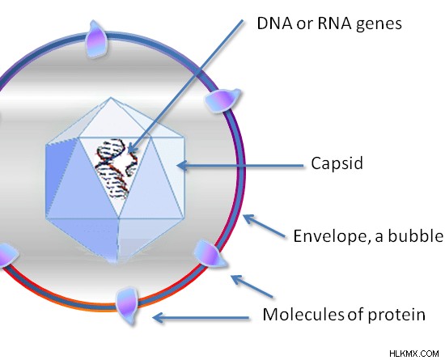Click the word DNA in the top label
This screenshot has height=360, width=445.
tap(274, 23)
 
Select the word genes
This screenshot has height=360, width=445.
tap(379, 25)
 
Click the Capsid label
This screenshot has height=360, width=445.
tap(337, 163)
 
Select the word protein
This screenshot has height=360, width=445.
tap(396, 316)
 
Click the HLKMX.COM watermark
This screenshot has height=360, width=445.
tap(413, 354)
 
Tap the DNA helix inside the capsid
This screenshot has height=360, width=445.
tap(117, 168)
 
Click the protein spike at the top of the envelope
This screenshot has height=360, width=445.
tap(96, 40)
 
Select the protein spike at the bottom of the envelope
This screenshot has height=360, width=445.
tap(127, 307)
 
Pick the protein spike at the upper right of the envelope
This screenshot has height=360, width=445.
tap(222, 100)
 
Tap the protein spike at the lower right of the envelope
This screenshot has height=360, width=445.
tap(210, 254)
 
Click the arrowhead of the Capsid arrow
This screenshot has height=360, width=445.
tap(182, 165)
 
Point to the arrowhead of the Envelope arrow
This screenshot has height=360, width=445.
tap(248, 219)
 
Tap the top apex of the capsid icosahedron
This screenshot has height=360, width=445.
tap(111, 98)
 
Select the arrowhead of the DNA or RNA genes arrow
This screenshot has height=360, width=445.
tap(132, 147)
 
